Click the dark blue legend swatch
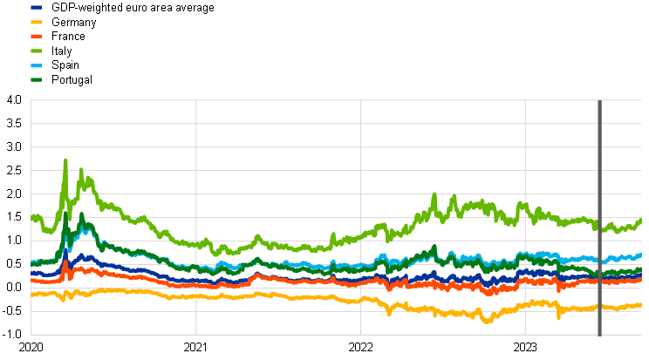point(36,7)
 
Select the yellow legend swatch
point(36,22)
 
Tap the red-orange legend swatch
point(36,36)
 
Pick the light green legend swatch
point(36,51)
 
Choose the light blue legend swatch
point(36,65)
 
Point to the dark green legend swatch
point(36,79)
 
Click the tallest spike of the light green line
point(65,161)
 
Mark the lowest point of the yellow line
point(487,321)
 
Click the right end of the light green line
point(641,221)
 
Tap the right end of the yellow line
point(641,304)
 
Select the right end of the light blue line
point(641,255)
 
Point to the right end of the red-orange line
point(641,279)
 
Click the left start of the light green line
point(32,217)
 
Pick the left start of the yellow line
point(32,295)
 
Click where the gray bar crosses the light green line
point(600,225)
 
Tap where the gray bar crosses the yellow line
point(600,307)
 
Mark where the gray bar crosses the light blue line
point(600,259)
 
